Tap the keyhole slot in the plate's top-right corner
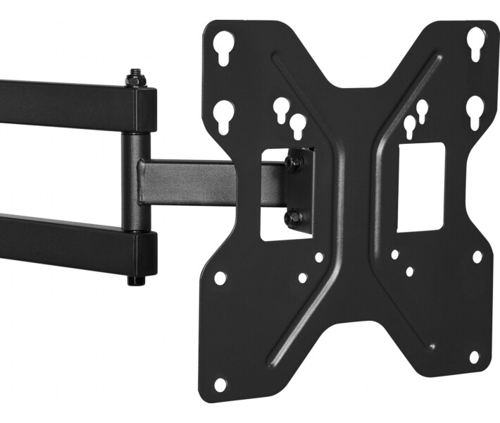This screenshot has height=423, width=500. [x=477, y=42]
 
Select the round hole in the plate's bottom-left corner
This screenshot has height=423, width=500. [x=220, y=384]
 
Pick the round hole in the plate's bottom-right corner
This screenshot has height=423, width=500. [x=475, y=357]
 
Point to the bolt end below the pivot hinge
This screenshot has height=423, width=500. [x=135, y=280]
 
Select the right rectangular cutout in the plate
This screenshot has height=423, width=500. [x=421, y=186]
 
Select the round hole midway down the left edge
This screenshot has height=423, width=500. [x=220, y=278]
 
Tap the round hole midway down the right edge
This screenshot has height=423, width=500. [x=477, y=257]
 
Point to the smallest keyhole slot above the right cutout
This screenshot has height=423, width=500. [x=422, y=109]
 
